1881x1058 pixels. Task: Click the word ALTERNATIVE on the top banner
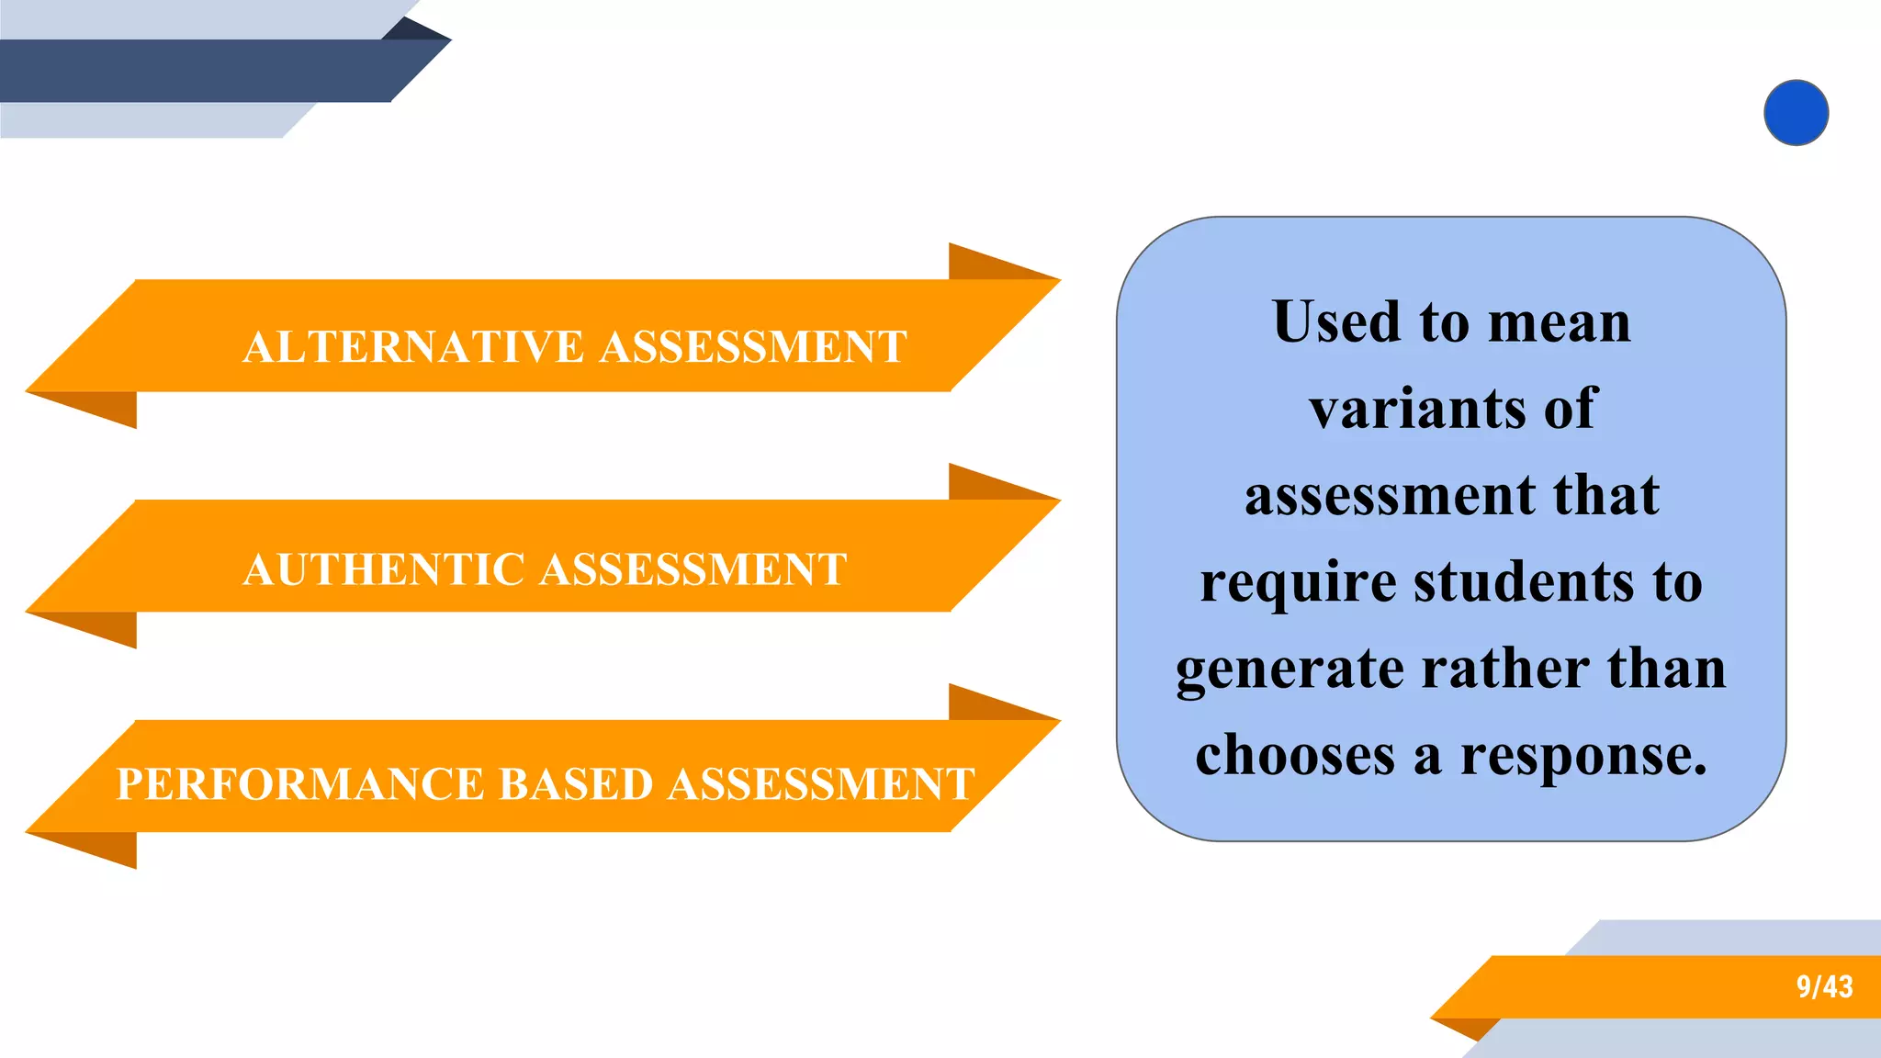tap(413, 347)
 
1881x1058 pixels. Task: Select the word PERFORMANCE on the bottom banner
tap(299, 784)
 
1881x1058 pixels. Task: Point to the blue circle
tap(1796, 113)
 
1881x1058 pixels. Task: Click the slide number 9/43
tap(1824, 986)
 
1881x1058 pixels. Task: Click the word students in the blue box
tap(1524, 582)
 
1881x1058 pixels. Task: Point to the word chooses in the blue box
tap(1295, 755)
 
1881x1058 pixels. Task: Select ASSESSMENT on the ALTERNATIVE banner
tap(753, 347)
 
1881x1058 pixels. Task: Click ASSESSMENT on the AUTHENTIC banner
tap(693, 569)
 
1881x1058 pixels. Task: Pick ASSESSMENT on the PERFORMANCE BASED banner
tap(821, 784)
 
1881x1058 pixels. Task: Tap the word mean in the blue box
tap(1559, 324)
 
